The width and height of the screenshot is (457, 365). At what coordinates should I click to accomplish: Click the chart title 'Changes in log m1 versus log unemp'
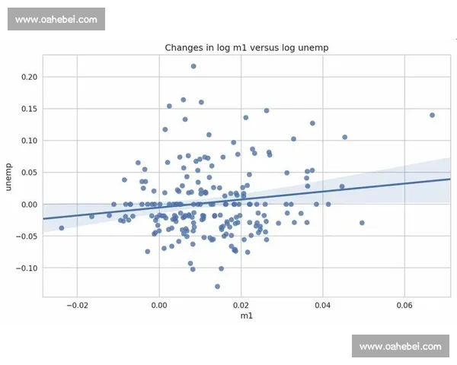point(246,48)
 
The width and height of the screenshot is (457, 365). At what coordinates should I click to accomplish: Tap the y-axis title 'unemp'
point(10,176)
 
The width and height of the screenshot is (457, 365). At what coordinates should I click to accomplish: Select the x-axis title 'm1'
point(246,316)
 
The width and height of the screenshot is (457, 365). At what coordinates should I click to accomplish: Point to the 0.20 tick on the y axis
point(29,77)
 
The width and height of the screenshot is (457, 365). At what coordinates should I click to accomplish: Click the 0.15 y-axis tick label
point(29,109)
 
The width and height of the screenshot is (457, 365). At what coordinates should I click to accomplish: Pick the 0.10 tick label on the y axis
point(29,141)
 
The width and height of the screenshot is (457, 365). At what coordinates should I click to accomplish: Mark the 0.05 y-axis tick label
point(29,173)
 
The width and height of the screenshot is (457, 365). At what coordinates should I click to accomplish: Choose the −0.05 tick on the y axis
point(27,236)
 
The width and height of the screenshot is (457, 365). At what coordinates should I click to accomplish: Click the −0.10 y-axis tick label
point(27,268)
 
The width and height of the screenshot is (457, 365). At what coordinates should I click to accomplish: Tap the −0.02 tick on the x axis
point(77,304)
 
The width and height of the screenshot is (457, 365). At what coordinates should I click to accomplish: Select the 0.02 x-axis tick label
point(241,304)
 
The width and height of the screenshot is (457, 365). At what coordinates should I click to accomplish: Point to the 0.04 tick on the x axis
point(323,304)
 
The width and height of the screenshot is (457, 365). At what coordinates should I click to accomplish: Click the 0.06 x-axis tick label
point(404,304)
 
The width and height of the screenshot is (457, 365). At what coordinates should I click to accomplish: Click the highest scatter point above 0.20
point(193,66)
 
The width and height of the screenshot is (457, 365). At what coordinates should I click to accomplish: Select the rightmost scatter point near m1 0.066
point(432,115)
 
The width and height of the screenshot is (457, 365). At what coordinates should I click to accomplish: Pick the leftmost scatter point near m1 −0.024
point(62,228)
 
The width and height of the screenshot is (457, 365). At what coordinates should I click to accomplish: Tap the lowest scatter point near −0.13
point(217,287)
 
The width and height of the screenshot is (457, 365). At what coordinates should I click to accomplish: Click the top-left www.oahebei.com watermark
point(57,19)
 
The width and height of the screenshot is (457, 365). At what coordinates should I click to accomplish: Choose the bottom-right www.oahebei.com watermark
point(400,347)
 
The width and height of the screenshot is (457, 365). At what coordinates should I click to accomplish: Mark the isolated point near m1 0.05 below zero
point(362,223)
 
